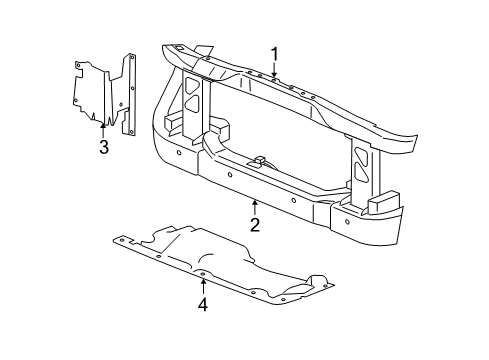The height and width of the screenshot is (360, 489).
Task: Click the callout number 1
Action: coord(273,54)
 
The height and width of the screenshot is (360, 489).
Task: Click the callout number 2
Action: coord(254,226)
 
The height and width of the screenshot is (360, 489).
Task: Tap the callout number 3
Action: coord(103,149)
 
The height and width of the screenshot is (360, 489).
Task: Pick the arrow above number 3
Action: coord(103,130)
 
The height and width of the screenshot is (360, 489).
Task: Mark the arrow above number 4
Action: coord(203,284)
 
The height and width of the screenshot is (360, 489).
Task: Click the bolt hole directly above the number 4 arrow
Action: coord(203,272)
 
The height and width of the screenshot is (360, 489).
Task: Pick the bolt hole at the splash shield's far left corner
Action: coord(118,241)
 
